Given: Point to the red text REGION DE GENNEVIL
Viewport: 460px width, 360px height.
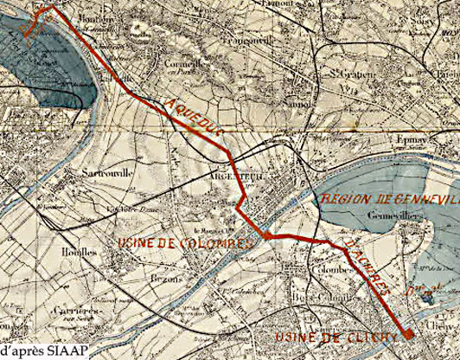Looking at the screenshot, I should [x=389, y=200].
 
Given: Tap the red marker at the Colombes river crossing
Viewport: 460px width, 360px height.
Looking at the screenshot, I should [x=267, y=234].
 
